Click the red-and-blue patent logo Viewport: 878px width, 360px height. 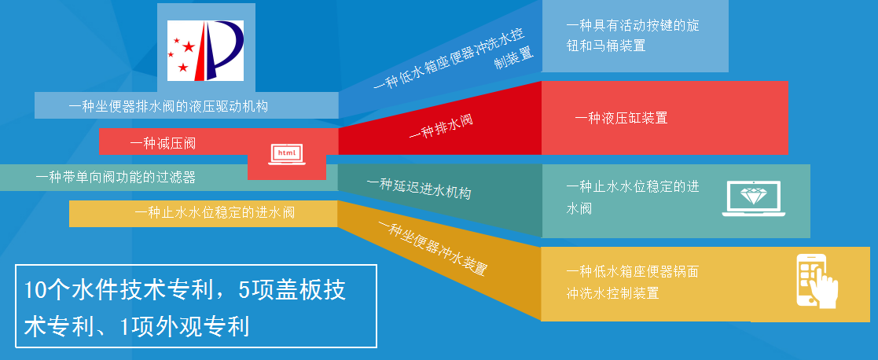[x=205, y=50]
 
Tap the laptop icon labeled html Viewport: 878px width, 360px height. [x=287, y=155]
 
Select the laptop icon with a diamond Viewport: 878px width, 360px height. [x=753, y=198]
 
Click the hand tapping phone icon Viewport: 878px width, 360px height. [x=817, y=281]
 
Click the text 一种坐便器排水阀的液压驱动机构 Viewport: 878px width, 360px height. [x=168, y=106]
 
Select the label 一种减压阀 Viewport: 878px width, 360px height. [x=163, y=143]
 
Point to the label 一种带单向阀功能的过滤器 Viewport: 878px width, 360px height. [x=116, y=178]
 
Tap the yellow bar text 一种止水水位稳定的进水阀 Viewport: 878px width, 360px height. [x=215, y=213]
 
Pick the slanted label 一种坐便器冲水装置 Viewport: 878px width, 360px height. [x=432, y=248]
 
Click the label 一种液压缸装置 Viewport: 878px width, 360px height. [x=621, y=118]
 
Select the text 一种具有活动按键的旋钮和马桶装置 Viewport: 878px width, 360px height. [x=633, y=36]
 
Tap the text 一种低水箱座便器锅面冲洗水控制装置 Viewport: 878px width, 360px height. [x=632, y=282]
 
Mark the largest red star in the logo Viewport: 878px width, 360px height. [x=189, y=46]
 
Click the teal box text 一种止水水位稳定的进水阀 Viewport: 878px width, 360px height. [x=633, y=197]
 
